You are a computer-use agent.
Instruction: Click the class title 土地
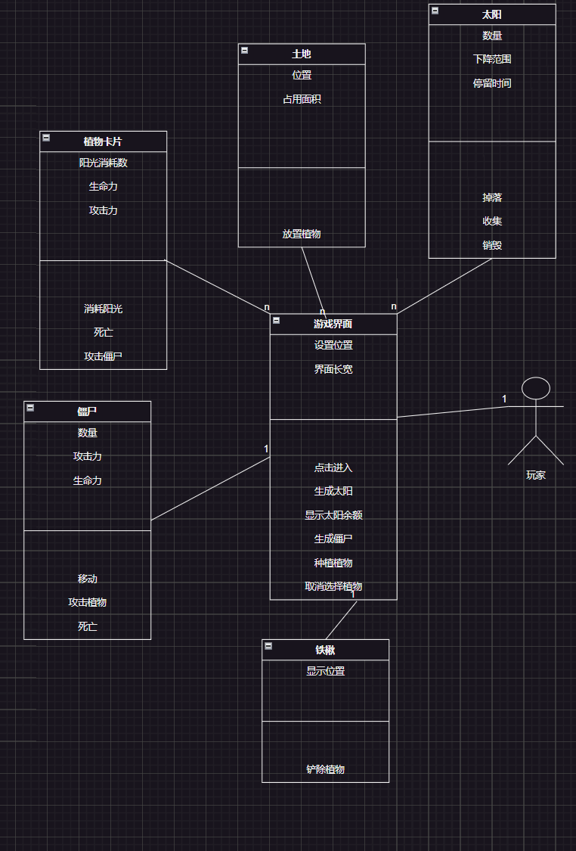[302, 54]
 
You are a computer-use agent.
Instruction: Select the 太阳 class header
[492, 14]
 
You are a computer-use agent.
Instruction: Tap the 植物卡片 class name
[103, 141]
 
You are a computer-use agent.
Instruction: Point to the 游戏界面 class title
[333, 324]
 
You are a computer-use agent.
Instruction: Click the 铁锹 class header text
[325, 650]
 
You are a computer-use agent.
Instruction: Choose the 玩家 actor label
[536, 475]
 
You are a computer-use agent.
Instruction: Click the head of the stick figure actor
[536, 388]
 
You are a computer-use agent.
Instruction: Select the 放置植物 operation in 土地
[302, 234]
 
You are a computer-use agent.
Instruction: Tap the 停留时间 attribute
[492, 83]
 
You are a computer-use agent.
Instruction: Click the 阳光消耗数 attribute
[103, 163]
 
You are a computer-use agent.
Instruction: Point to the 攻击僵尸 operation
[103, 356]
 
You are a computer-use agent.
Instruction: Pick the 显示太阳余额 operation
[333, 515]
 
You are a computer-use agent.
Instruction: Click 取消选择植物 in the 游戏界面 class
[333, 586]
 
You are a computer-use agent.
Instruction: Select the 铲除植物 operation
[325, 769]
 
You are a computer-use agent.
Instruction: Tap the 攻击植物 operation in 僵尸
[87, 602]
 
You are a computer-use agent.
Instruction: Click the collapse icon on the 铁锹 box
[268, 646]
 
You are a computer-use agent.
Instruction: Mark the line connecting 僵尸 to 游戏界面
[210, 489]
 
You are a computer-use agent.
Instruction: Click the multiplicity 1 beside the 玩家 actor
[504, 399]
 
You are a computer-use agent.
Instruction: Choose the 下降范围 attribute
[492, 59]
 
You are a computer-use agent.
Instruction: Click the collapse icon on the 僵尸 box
[30, 408]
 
